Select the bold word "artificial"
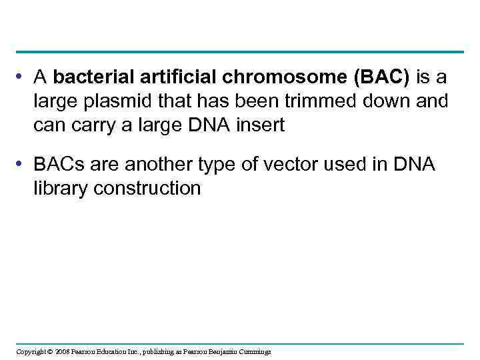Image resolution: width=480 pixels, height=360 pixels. pos(181,78)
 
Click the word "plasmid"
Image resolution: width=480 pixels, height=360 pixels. pos(116,102)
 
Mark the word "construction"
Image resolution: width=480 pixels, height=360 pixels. pos(147,189)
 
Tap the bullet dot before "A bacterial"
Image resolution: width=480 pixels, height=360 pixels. pos(23,78)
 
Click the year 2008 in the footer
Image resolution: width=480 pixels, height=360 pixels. pos(61,351)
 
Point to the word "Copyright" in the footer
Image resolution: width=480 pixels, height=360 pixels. pos(31,351)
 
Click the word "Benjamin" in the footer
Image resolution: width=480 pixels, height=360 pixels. pos(221,351)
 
